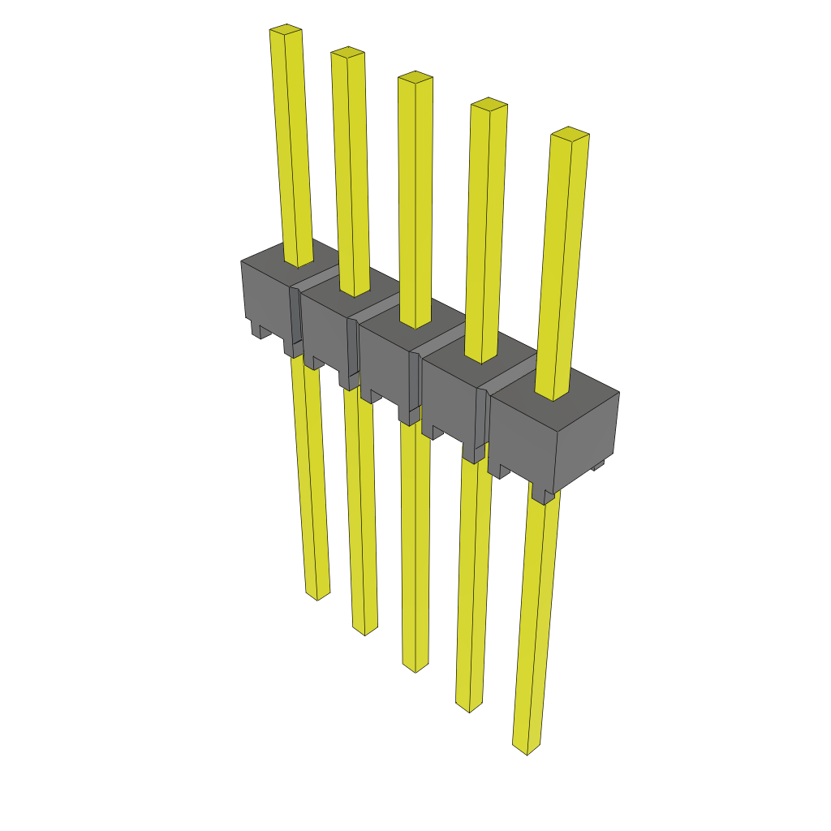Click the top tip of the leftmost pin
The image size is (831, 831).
(x=286, y=31)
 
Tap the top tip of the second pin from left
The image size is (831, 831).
(x=347, y=54)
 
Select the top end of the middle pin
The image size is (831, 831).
(x=415, y=78)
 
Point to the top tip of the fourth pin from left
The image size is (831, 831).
(x=489, y=104)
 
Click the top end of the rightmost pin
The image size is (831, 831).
(x=570, y=134)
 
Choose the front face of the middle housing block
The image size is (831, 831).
(x=386, y=365)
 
